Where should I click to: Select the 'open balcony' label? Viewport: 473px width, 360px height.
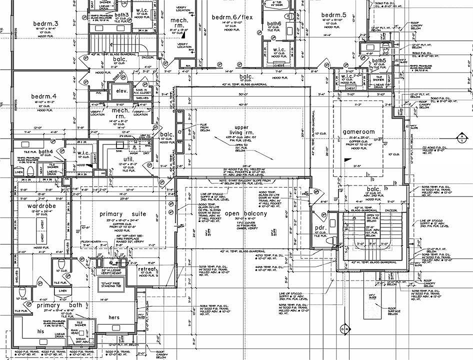(246, 213)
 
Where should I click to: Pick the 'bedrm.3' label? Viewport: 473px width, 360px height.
(46, 24)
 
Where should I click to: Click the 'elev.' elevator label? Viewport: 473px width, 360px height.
(122, 91)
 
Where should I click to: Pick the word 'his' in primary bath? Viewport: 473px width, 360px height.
(40, 331)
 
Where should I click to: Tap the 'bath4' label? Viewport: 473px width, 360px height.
(46, 151)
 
